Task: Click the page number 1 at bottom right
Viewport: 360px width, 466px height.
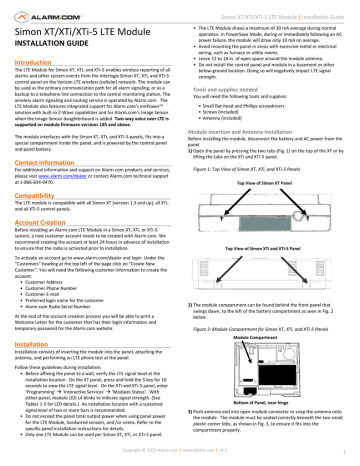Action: coord(355,459)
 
